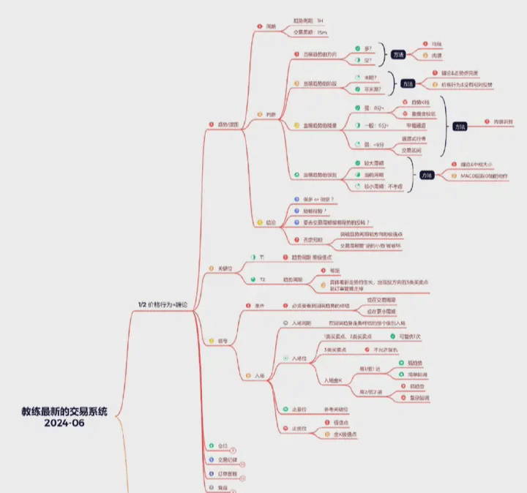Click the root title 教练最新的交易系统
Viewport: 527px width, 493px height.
[x=64, y=411]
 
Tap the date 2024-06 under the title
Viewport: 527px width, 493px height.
[x=64, y=423]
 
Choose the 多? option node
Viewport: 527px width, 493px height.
[x=367, y=48]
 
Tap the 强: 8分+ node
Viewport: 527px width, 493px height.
[x=374, y=107]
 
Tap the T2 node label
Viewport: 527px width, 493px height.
[x=262, y=279]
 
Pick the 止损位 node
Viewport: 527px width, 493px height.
[x=298, y=428]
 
